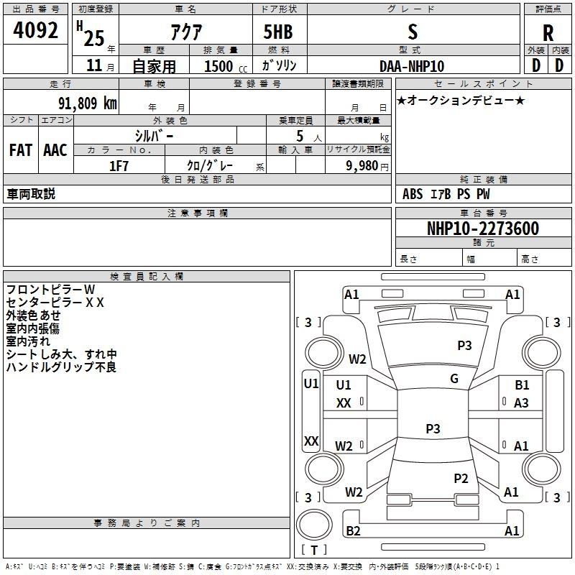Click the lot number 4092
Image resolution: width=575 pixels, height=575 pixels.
click(x=35, y=30)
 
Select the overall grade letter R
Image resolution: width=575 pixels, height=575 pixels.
click(x=548, y=33)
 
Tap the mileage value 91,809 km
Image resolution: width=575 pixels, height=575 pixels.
click(x=88, y=103)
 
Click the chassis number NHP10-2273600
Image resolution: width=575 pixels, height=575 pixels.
click(x=483, y=229)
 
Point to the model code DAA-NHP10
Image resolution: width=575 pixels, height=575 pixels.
click(x=412, y=66)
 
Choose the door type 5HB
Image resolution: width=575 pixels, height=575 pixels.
click(x=278, y=32)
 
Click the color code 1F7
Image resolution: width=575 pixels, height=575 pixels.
click(x=119, y=166)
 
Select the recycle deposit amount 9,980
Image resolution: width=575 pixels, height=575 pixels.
click(x=362, y=166)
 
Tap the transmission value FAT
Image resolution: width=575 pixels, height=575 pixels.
click(x=21, y=150)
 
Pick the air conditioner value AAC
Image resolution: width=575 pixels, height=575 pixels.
click(x=55, y=150)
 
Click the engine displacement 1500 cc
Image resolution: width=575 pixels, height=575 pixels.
click(x=226, y=66)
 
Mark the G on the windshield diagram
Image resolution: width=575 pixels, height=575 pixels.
click(x=454, y=379)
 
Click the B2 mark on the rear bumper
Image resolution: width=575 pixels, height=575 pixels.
click(x=353, y=530)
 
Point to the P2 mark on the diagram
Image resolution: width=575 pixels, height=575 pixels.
click(x=461, y=478)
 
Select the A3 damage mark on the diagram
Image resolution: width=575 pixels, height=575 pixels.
click(x=521, y=403)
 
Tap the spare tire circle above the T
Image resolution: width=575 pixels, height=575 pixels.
click(x=314, y=525)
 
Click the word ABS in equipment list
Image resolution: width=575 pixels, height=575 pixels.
click(x=413, y=194)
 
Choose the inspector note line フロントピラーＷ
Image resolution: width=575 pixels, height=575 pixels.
click(x=50, y=290)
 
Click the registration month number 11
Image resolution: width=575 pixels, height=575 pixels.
click(x=94, y=65)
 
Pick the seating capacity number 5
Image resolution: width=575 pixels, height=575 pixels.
click(x=300, y=136)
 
